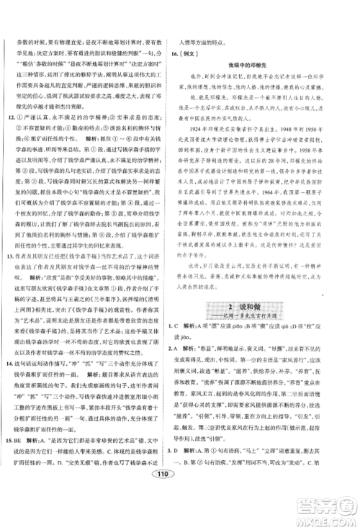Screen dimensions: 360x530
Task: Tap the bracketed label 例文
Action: (x=204, y=53)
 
